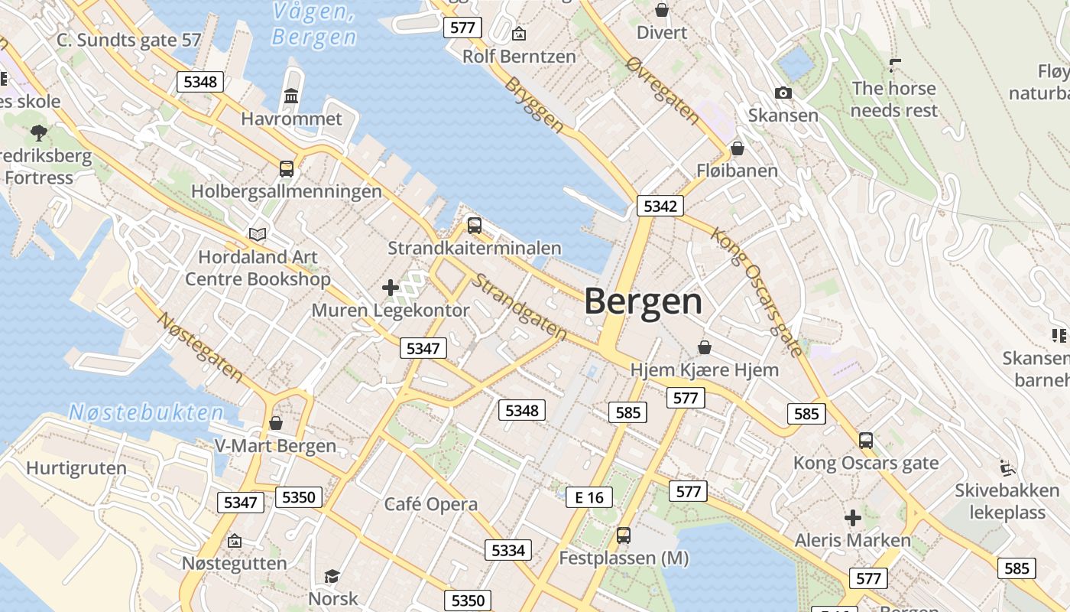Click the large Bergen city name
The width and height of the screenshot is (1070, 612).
click(643, 302)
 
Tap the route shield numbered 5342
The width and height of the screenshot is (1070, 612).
click(660, 206)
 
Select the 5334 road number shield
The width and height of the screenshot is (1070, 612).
click(508, 550)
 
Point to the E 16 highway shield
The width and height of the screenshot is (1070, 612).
click(589, 497)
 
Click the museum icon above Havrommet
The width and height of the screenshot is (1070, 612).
click(291, 96)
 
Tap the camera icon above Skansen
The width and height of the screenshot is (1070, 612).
click(783, 93)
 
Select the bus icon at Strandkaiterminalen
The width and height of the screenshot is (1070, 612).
click(474, 226)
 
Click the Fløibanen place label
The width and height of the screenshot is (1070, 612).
click(737, 171)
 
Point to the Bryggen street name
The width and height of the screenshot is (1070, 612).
click(534, 105)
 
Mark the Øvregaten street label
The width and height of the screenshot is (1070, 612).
click(662, 90)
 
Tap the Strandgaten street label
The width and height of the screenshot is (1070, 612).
click(519, 307)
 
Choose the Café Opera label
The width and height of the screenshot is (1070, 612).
click(431, 504)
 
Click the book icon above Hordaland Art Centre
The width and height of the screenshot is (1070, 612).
click(258, 235)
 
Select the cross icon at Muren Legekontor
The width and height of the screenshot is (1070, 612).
click(391, 288)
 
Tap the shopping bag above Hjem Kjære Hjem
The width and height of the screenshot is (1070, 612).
click(705, 348)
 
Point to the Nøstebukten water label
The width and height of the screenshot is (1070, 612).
click(146, 413)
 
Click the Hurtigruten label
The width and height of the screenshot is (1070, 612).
click(76, 468)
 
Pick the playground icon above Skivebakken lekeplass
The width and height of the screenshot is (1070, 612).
click(1007, 467)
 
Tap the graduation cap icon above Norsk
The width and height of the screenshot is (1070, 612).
click(332, 576)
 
